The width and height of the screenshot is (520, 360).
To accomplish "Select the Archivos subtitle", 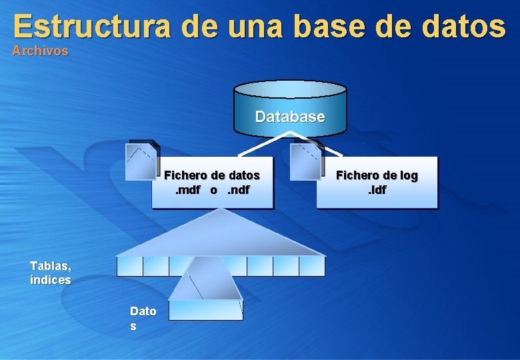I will pyautogui.click(x=40, y=51).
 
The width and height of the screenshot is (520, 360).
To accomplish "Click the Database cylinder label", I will pyautogui.click(x=290, y=117).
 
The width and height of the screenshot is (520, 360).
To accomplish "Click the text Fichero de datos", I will pyautogui.click(x=212, y=175).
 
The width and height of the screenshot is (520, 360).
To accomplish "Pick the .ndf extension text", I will pyautogui.click(x=238, y=190).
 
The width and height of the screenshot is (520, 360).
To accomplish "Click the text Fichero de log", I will pyautogui.click(x=377, y=175).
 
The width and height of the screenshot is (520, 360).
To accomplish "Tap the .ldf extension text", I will pyautogui.click(x=377, y=190).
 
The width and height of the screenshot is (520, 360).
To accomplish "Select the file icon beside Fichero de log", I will pyautogui.click(x=307, y=161).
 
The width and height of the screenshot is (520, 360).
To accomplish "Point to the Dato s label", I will pyautogui.click(x=143, y=318).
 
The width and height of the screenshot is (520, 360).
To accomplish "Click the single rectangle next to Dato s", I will pyautogui.click(x=205, y=310).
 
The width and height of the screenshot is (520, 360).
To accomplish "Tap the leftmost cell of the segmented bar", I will pyautogui.click(x=129, y=266).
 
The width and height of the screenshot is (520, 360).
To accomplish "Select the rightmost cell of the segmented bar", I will pyautogui.click(x=311, y=266).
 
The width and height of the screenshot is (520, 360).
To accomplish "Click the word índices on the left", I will pyautogui.click(x=50, y=280).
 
